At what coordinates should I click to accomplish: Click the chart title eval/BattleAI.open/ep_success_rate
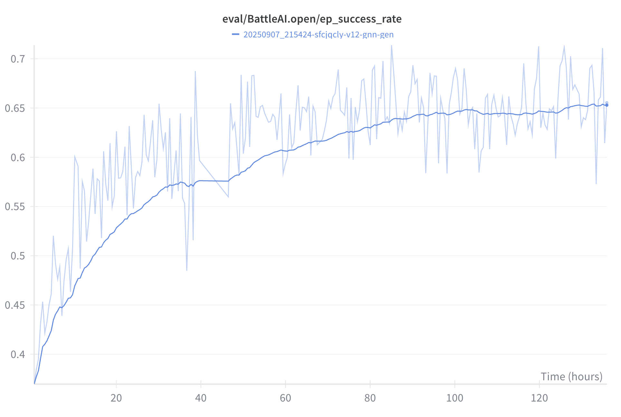[312, 19]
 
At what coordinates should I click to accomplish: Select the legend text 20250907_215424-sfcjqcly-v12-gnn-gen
[318, 34]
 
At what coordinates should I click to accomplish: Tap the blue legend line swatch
[235, 34]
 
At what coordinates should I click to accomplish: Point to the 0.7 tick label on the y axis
[18, 59]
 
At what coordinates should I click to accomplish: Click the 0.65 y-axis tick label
[15, 108]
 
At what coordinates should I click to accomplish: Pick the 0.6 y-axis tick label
[18, 158]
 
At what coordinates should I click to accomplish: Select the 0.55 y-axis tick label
[15, 207]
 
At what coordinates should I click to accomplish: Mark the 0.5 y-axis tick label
[18, 256]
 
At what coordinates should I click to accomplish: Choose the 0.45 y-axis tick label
[15, 305]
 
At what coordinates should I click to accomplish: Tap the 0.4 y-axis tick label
[18, 354]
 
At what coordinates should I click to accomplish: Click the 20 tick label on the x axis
[116, 398]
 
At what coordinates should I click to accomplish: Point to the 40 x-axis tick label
[201, 398]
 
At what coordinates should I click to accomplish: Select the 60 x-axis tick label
[285, 398]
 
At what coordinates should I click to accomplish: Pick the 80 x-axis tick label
[370, 398]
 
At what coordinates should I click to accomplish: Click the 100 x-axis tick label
[454, 398]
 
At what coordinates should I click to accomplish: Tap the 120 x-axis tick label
[539, 398]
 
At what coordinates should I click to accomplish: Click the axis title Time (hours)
[571, 376]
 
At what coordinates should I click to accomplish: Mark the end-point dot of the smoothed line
[607, 105]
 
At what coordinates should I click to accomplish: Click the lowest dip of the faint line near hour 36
[187, 270]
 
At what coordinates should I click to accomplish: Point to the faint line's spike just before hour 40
[195, 72]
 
